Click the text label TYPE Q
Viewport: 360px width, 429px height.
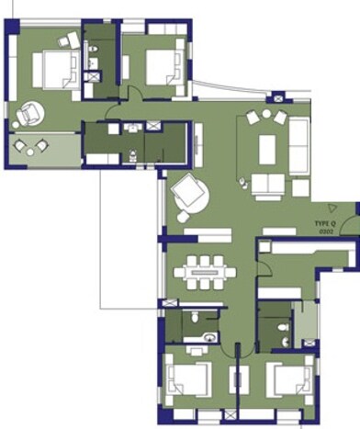(x=326, y=223)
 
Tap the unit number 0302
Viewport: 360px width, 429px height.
(x=326, y=231)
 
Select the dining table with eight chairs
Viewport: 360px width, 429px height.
(x=205, y=271)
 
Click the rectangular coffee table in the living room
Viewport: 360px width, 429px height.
(x=268, y=148)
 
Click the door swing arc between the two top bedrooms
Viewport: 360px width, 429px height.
(x=134, y=91)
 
